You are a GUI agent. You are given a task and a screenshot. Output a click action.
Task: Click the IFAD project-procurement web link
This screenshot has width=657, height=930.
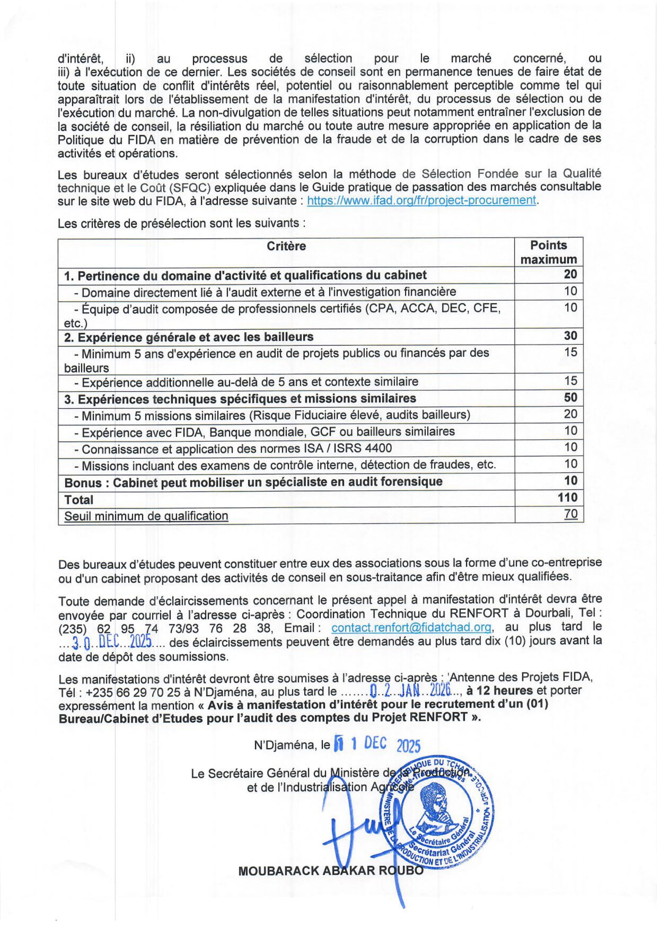coord(421,200)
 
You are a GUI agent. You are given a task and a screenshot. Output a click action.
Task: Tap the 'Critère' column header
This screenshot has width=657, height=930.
coord(286,246)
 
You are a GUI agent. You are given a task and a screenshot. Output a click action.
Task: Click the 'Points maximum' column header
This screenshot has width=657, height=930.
coord(548,252)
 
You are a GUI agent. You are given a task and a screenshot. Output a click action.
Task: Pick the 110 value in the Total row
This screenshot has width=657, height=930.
coord(568,497)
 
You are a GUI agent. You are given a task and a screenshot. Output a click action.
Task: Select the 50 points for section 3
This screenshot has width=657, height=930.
coord(570,397)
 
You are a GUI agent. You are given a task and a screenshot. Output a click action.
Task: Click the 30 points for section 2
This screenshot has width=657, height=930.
coord(570,336)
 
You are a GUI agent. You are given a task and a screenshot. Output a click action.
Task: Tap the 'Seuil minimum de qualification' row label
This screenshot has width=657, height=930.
coord(146,516)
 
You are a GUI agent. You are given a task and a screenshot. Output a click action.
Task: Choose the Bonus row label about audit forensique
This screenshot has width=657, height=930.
coord(254,482)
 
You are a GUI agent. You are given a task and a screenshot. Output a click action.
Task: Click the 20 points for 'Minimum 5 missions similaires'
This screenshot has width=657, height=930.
coord(570,414)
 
